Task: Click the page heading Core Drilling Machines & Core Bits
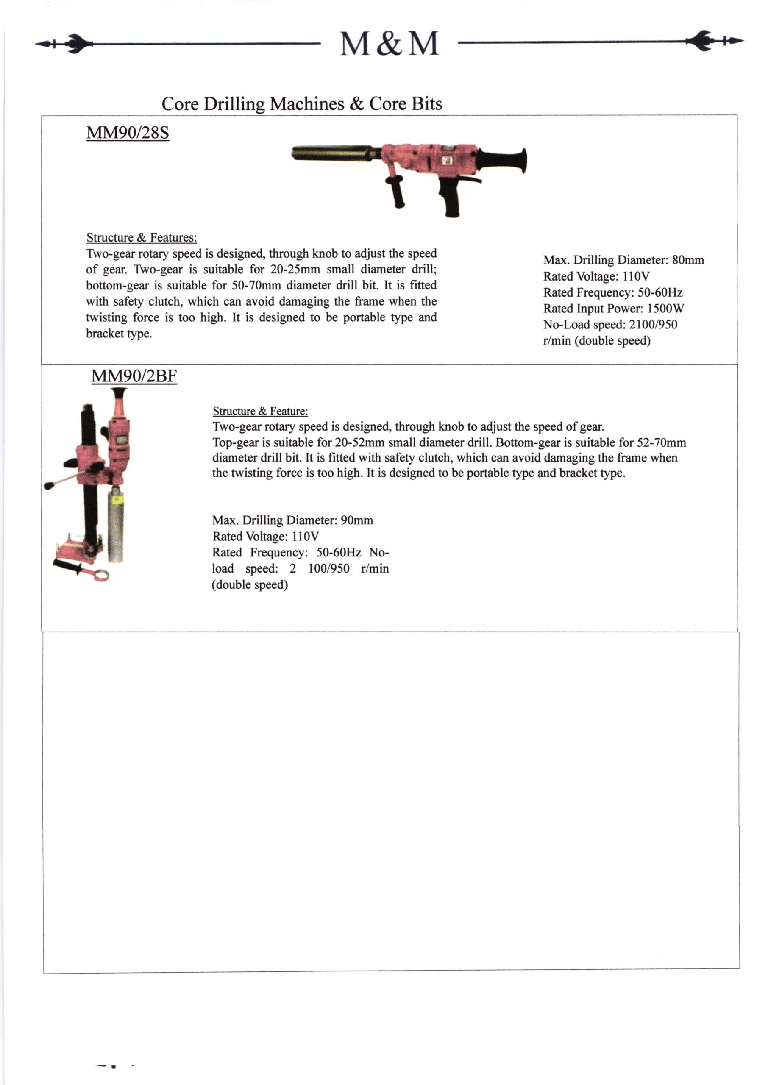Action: [302, 103]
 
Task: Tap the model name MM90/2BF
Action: [134, 376]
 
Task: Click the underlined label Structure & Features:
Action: [142, 237]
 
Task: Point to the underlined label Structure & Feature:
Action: [260, 411]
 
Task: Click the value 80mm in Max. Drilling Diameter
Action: [687, 260]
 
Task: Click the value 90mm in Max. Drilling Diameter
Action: [356, 520]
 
